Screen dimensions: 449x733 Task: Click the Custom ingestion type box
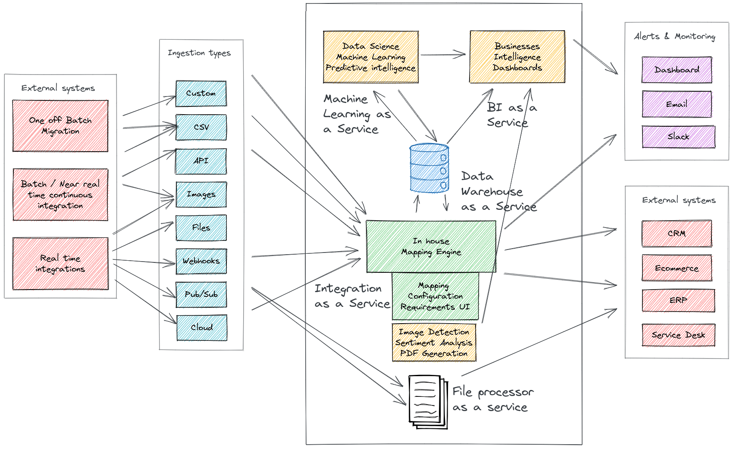pos(201,94)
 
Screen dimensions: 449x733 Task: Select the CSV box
pos(201,127)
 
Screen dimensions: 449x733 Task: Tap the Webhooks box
pos(201,261)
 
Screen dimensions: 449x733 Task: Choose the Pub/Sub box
pos(201,294)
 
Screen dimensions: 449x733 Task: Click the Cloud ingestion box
pos(202,327)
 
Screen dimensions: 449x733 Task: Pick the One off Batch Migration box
pos(60,126)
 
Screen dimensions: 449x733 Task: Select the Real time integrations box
pos(60,263)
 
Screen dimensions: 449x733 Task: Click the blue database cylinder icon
pos(429,168)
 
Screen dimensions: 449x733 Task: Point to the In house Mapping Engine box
pos(431,246)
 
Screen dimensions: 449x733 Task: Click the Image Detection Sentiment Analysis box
pos(434,343)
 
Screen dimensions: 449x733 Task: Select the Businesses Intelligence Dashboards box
pos(517,57)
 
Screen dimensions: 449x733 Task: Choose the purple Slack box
pos(678,137)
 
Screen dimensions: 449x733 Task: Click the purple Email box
pos(677,104)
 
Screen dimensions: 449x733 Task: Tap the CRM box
pos(677,234)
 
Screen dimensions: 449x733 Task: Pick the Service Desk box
pos(678,335)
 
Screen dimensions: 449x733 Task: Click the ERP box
pos(678,300)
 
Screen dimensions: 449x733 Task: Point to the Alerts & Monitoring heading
pos(674,37)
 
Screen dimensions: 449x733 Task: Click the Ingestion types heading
pos(199,53)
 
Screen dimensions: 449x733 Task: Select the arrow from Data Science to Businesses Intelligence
pos(443,55)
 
